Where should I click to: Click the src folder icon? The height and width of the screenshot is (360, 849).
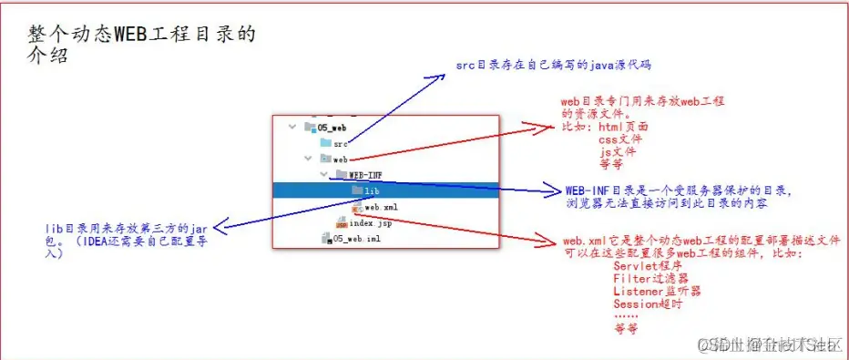point(324,143)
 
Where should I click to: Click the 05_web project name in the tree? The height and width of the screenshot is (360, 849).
point(332,128)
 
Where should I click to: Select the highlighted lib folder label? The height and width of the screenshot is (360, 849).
point(372,190)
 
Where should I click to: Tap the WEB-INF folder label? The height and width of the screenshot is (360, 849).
point(364,175)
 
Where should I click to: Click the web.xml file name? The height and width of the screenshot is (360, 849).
point(380,207)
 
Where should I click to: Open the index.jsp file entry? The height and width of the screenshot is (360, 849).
point(370,222)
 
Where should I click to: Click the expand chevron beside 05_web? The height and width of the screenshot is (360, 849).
point(292,128)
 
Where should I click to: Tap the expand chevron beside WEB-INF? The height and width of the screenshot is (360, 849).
point(323,175)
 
